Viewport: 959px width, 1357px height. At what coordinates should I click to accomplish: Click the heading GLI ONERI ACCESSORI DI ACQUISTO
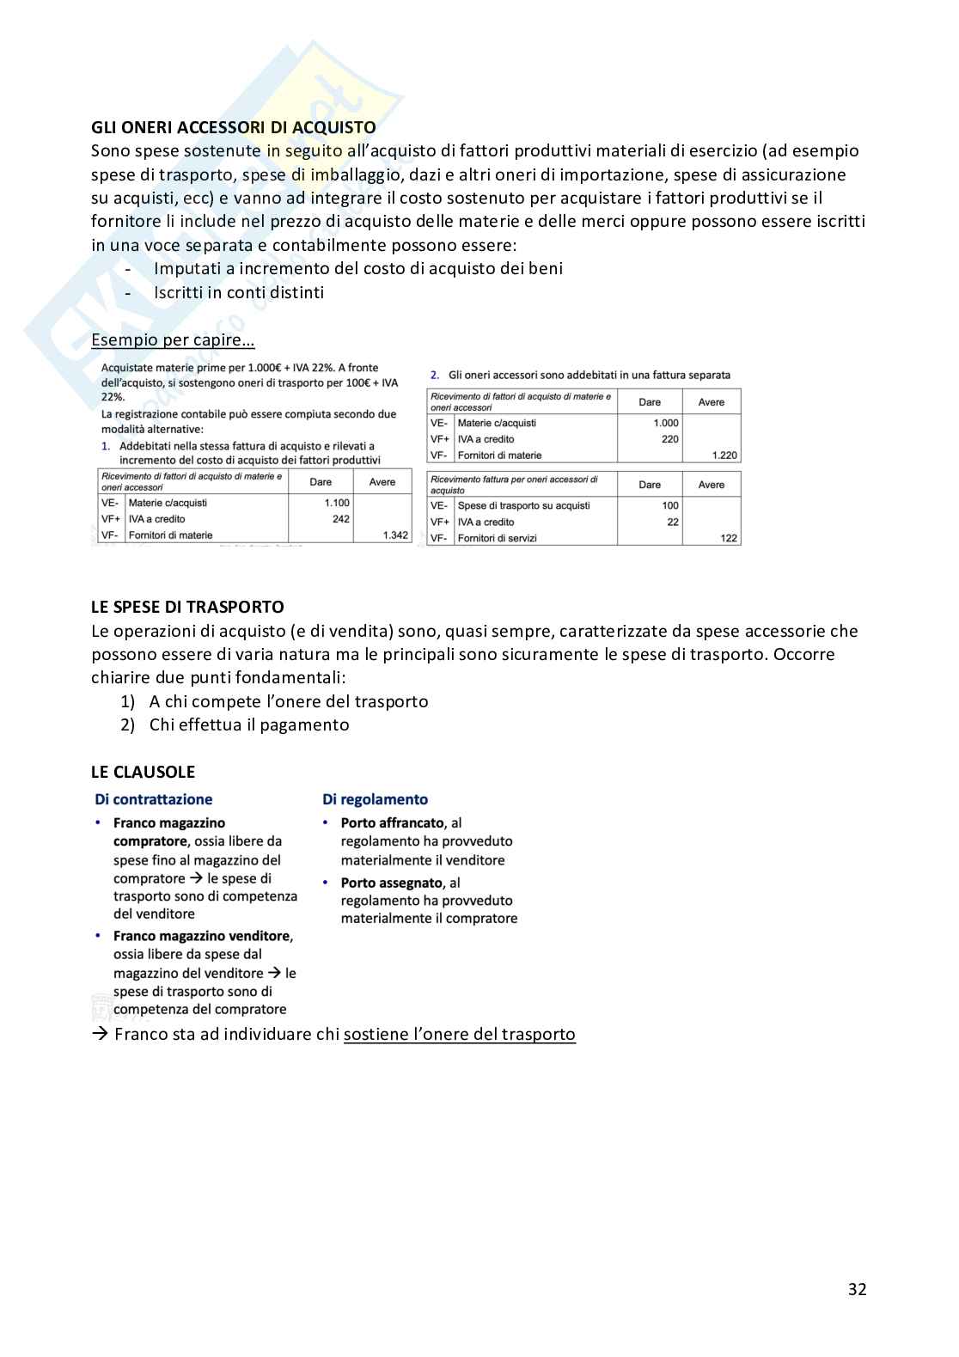click(x=233, y=128)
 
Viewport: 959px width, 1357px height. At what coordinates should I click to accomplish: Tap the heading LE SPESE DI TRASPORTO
click(x=187, y=607)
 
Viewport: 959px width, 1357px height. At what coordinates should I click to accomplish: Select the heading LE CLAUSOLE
click(x=143, y=772)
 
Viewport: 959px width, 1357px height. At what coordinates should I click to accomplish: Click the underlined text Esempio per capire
click(x=173, y=339)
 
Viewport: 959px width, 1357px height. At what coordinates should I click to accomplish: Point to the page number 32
click(x=857, y=1289)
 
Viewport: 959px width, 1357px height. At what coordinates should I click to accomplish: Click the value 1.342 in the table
click(x=395, y=535)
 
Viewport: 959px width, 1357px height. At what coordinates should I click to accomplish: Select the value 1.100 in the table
click(x=337, y=503)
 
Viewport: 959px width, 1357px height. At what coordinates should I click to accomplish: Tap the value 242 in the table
click(x=340, y=519)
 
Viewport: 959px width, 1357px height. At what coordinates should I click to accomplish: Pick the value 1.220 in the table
click(x=724, y=455)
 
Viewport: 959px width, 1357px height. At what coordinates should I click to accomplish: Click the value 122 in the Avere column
click(x=729, y=538)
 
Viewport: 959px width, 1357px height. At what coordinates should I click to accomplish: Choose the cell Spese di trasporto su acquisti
click(x=523, y=505)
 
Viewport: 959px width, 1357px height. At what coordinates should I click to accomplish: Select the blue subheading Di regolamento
click(x=375, y=799)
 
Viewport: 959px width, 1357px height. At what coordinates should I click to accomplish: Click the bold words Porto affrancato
click(x=392, y=823)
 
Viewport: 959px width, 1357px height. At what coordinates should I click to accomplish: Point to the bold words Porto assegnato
click(x=391, y=883)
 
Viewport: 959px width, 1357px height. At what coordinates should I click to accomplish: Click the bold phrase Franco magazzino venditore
click(x=202, y=936)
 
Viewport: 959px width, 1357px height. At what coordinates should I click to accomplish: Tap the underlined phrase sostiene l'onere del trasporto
click(x=459, y=1034)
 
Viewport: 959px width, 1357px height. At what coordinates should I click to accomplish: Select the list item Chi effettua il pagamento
click(x=248, y=724)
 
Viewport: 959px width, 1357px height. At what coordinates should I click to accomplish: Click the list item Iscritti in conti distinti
click(x=239, y=292)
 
